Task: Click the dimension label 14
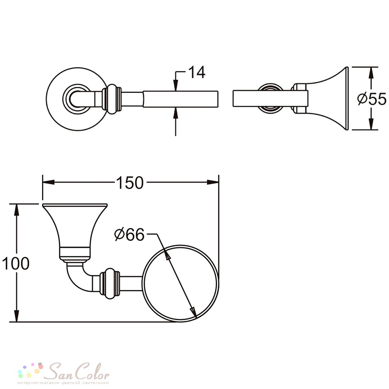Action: pyautogui.click(x=197, y=72)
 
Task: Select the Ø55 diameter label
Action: pyautogui.click(x=371, y=99)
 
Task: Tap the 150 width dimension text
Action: pyautogui.click(x=130, y=183)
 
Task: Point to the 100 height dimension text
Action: pyautogui.click(x=16, y=263)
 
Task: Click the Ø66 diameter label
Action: pyautogui.click(x=129, y=235)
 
